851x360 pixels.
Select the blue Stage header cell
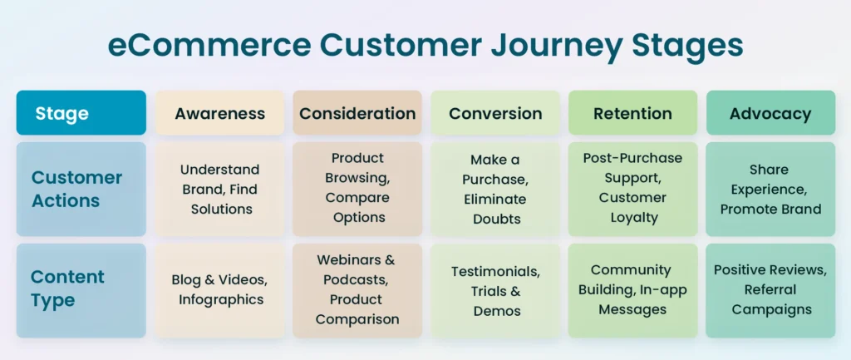[81, 112]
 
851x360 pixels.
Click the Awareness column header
[219, 112]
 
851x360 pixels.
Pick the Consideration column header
[357, 112]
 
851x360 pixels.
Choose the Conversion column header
[495, 112]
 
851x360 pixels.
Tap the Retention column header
[632, 112]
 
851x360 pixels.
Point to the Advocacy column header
[770, 112]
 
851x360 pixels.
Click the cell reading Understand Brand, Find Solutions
[219, 189]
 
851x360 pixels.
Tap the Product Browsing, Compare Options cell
[357, 189]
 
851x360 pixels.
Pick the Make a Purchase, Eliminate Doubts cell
[495, 189]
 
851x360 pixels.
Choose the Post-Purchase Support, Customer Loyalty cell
[632, 189]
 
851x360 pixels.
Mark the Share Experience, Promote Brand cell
[770, 189]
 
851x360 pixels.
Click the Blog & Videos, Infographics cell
[219, 290]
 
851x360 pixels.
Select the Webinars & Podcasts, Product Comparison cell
[357, 290]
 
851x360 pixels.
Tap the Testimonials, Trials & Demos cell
[495, 290]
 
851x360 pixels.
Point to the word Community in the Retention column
[632, 270]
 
